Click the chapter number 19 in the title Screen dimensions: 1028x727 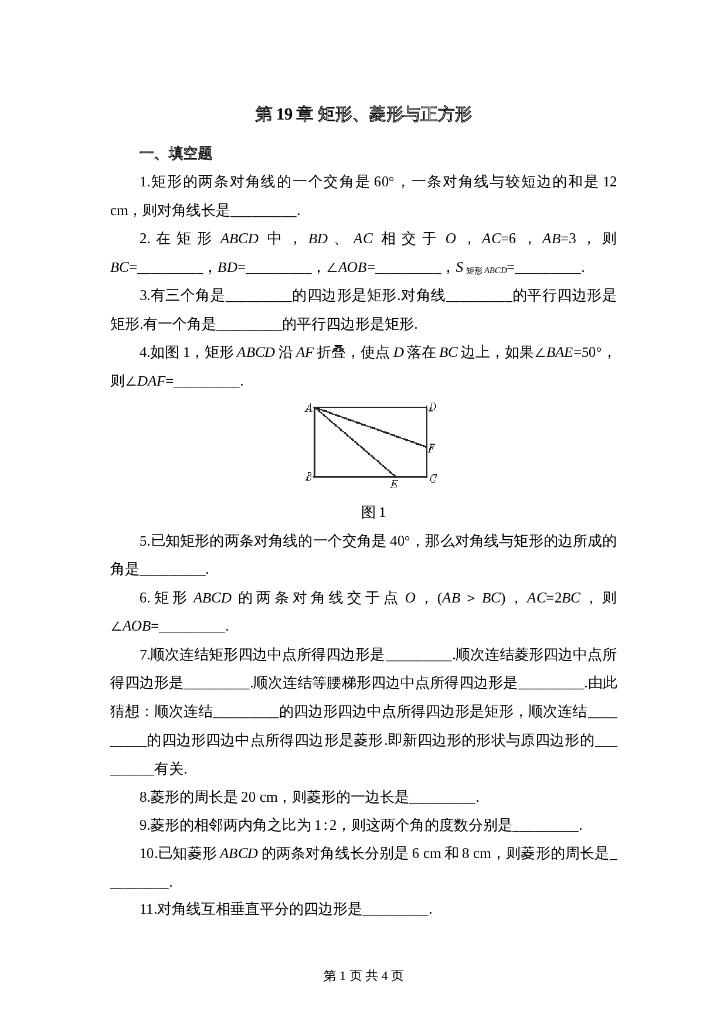[x=284, y=114]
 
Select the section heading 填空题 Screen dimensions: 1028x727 [x=189, y=154]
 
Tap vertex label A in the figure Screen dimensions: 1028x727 [x=308, y=408]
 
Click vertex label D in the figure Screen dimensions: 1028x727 [x=433, y=407]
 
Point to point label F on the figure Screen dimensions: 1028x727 [x=432, y=448]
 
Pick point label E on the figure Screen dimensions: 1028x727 [x=394, y=484]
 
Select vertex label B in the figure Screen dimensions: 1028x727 [x=308, y=477]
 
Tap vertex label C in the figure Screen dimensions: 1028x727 [x=433, y=479]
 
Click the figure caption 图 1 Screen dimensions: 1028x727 [x=373, y=512]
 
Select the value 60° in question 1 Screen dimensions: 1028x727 [x=383, y=182]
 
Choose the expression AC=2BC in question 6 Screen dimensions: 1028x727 [x=553, y=598]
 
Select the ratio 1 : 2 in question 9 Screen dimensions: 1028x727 [x=326, y=826]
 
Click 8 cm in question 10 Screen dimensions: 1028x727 [x=476, y=854]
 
